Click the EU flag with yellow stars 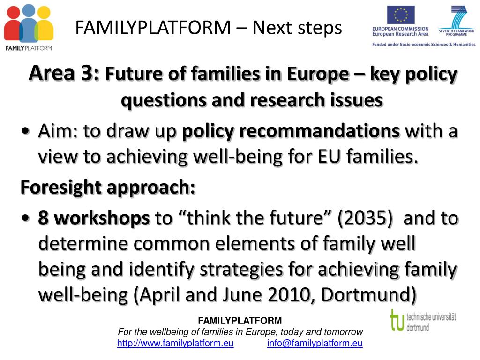click(x=401, y=15)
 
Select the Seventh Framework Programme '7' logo click(x=457, y=18)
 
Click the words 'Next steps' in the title click(x=297, y=28)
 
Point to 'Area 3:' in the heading click(x=64, y=74)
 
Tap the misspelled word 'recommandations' click(x=291, y=131)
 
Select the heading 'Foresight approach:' click(x=108, y=187)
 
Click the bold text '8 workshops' click(x=94, y=218)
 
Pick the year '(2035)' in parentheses click(x=365, y=218)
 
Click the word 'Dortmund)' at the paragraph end click(x=369, y=295)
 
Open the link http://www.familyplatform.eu click(x=175, y=344)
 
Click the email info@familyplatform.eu click(x=315, y=344)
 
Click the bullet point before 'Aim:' click(x=26, y=131)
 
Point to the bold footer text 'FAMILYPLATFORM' click(x=240, y=321)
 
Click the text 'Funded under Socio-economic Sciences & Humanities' click(x=424, y=45)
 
